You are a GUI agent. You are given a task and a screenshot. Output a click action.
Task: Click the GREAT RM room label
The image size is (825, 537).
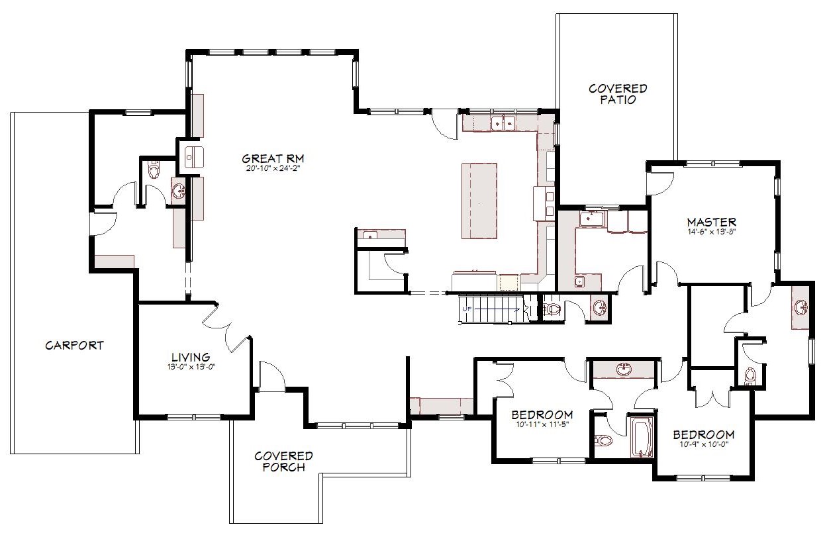coord(273,159)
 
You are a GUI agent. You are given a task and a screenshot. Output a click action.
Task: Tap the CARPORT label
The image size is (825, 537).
coord(74,346)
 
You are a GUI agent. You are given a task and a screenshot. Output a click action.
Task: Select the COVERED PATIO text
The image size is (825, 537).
coord(618,94)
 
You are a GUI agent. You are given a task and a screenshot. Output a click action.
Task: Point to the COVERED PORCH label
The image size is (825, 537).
coord(283,462)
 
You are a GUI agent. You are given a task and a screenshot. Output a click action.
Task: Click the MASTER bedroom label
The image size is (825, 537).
coord(712,222)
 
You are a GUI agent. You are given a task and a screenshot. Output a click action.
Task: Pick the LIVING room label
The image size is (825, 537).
coord(191,357)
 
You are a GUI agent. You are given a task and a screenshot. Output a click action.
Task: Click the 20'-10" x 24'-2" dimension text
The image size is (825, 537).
coord(271,169)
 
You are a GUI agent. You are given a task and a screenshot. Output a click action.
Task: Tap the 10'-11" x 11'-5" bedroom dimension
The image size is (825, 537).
coord(542,424)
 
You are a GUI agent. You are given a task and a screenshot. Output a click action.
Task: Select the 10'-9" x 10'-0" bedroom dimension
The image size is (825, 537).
coord(704,444)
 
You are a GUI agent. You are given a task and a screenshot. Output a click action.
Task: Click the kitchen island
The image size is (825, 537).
coord(479,201)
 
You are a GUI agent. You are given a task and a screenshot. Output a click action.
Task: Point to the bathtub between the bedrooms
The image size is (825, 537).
coord(643,438)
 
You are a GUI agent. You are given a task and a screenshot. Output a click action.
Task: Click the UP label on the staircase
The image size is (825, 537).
coord(467,309)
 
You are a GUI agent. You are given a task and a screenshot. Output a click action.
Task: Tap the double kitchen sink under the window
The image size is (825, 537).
coord(503,122)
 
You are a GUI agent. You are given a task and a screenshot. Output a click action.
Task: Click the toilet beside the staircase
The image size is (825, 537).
coord(552,309)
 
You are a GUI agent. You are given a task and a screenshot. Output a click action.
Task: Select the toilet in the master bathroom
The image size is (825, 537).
coord(750,376)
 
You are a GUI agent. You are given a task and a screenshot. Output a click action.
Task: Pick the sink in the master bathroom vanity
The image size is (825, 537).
coord(800,307)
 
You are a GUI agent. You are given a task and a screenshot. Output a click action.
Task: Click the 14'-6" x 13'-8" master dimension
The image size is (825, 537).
coord(712,232)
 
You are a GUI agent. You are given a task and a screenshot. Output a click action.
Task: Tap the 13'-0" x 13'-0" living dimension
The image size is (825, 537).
coord(191,367)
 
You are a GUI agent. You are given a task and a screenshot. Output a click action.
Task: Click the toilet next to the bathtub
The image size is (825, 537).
coord(603,440)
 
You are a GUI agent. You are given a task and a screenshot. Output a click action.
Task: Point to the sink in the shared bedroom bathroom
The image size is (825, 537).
coord(624,369)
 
